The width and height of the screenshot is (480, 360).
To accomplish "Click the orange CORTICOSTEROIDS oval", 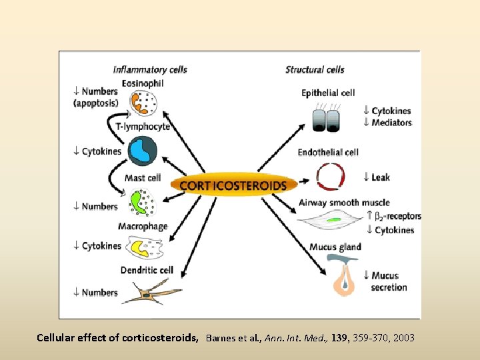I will (233, 185).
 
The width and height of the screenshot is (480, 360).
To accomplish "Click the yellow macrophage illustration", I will (143, 248).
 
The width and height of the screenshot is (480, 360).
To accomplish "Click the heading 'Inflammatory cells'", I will (150, 69).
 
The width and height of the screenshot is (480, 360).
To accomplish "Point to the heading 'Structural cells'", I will (315, 69).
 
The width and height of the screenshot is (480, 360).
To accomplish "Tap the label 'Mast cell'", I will (143, 178).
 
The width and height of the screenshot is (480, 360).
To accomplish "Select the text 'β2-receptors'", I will (398, 216).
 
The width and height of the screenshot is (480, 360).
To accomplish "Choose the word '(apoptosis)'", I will (96, 103).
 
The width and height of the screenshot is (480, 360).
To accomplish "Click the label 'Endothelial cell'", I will (328, 152).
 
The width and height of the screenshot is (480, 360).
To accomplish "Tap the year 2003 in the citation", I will (404, 338).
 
